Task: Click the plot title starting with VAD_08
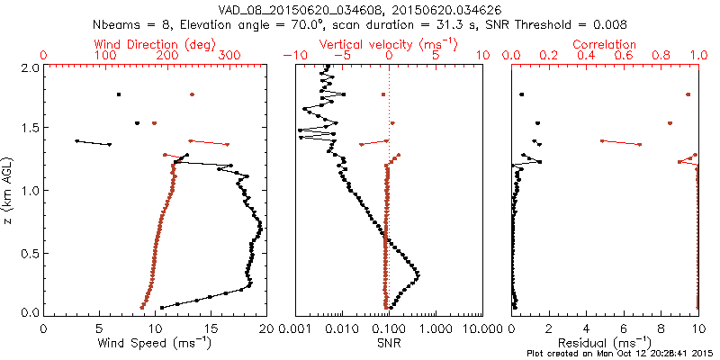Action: [359, 8]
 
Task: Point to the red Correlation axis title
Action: [606, 44]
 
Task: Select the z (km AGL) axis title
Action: [10, 190]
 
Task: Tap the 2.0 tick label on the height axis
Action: [29, 67]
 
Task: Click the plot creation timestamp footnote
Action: [622, 354]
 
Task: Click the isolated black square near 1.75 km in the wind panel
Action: [118, 94]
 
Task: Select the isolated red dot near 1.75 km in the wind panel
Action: [192, 94]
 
